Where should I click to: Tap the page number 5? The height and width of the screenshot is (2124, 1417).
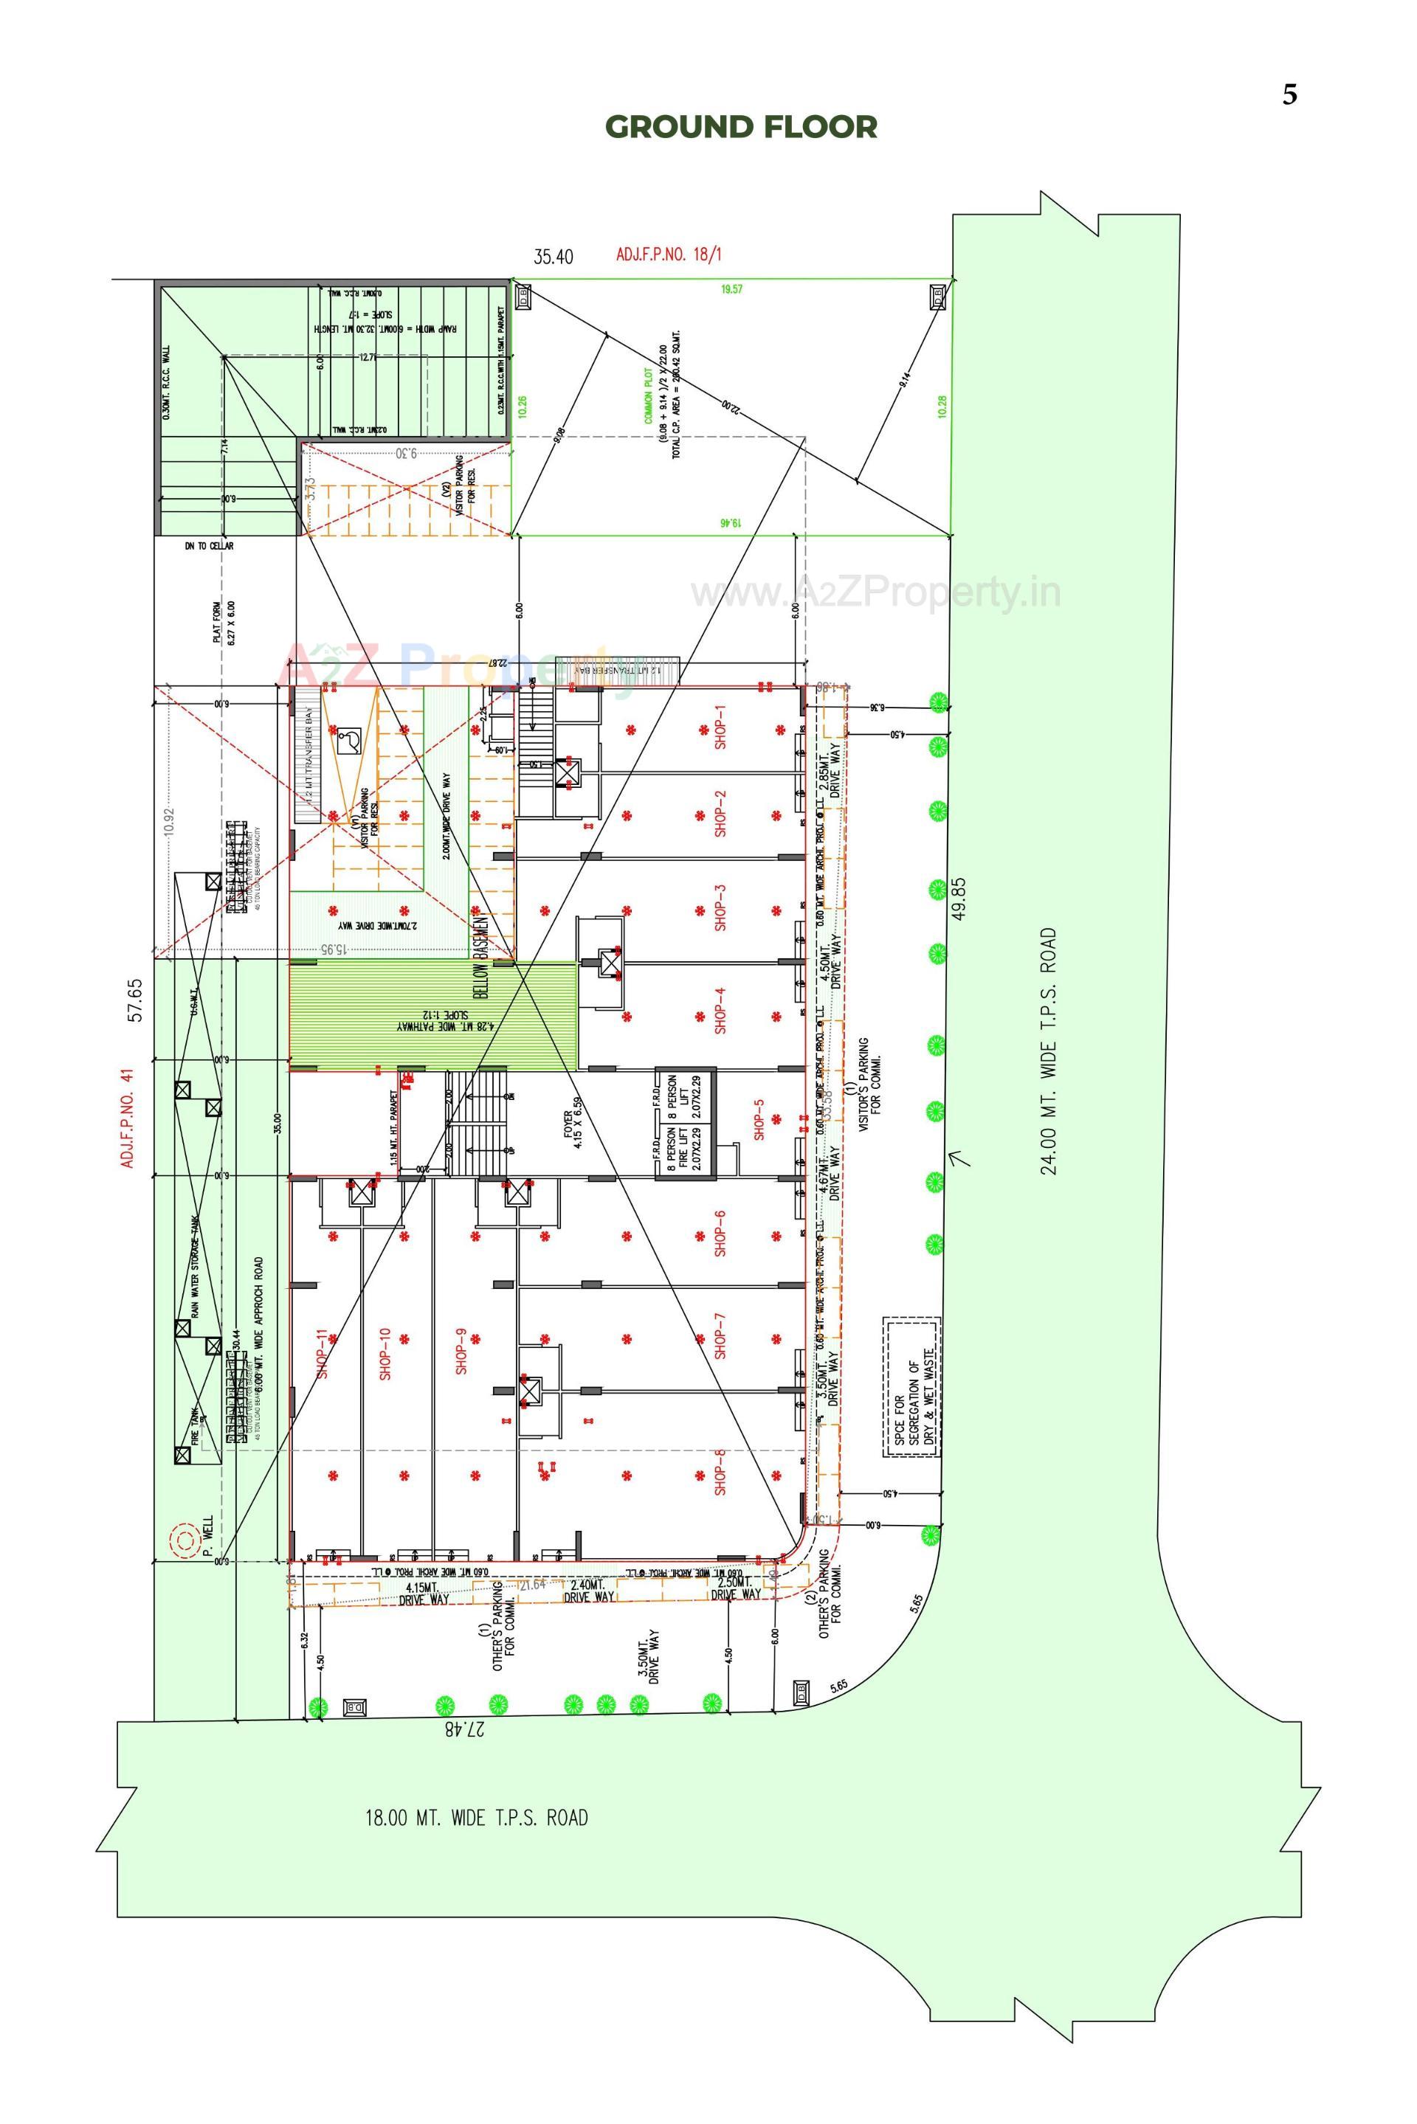pos(1289,95)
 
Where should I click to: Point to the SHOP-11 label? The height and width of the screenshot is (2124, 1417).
pos(322,1352)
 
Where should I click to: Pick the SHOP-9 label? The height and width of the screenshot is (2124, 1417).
pos(461,1351)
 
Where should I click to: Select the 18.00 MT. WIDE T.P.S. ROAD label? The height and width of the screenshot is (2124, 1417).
pos(476,1817)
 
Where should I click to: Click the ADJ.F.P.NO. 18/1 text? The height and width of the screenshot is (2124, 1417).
pos(669,254)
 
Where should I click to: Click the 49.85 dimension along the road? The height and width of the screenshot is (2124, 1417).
pos(959,898)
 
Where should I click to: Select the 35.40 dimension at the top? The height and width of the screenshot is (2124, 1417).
pos(553,257)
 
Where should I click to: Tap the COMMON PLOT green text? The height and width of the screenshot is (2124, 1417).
pos(648,402)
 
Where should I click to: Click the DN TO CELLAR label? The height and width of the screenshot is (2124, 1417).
pos(210,546)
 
